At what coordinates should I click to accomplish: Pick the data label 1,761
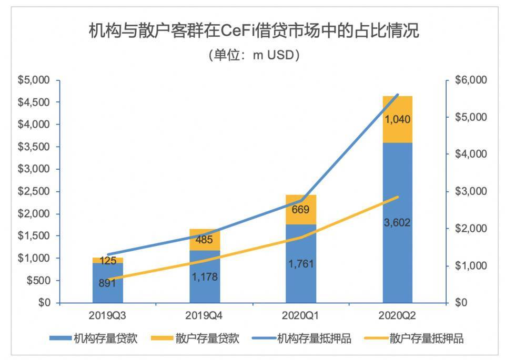pos(301,263)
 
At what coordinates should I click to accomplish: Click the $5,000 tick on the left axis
pos(34,80)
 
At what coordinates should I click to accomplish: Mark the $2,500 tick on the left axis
pos(34,192)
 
